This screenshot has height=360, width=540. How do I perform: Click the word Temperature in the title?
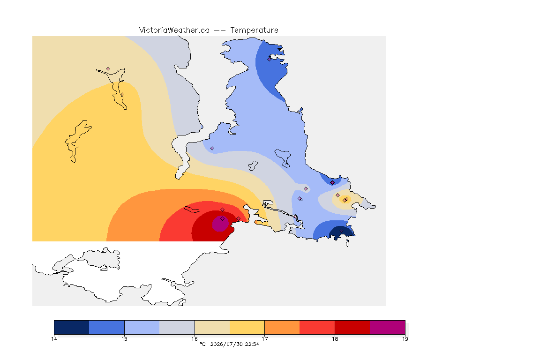click(x=254, y=30)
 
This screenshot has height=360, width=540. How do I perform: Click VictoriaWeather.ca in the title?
click(x=174, y=30)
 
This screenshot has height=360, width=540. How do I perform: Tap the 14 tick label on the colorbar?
click(x=54, y=339)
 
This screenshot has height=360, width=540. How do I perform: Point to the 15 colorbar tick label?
click(x=124, y=339)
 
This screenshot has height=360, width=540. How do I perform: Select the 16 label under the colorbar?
click(x=195, y=339)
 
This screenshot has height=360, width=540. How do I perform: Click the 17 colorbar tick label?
click(x=264, y=339)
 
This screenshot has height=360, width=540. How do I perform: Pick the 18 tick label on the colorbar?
click(x=335, y=339)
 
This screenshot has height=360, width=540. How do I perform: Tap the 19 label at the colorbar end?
click(x=405, y=339)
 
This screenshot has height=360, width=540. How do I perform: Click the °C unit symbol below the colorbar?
click(x=203, y=344)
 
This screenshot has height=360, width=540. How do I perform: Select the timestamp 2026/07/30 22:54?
click(x=234, y=344)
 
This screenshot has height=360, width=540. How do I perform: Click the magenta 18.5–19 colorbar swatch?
click(x=388, y=327)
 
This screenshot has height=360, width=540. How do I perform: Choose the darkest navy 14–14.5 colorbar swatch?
click(x=72, y=327)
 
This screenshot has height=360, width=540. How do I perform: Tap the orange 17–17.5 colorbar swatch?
click(x=282, y=327)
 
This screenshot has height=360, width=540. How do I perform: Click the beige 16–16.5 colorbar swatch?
click(x=212, y=327)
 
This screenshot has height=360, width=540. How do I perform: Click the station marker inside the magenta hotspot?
click(x=223, y=219)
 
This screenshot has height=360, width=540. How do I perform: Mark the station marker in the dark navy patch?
click(x=341, y=231)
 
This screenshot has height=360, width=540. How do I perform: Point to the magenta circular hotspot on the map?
click(x=220, y=224)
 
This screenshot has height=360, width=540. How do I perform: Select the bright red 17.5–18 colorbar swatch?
click(x=317, y=327)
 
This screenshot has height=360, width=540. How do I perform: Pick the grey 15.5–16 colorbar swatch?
click(x=177, y=327)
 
